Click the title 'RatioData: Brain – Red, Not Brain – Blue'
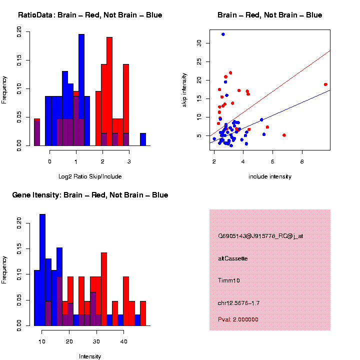coord(90,15)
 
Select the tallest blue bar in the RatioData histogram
coord(81,90)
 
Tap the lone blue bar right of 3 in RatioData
coord(143,139)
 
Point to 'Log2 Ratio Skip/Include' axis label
coord(89,176)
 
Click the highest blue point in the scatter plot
coord(223,34)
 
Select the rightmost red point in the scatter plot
coord(325,84)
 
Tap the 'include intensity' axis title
coord(269,176)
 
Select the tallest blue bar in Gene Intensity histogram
coord(42,270)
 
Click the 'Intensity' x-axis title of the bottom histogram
coord(90,356)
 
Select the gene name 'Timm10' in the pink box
coord(229,281)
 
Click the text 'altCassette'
coord(233,258)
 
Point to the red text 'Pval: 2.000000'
coord(238,319)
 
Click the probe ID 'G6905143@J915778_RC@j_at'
coord(260,236)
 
